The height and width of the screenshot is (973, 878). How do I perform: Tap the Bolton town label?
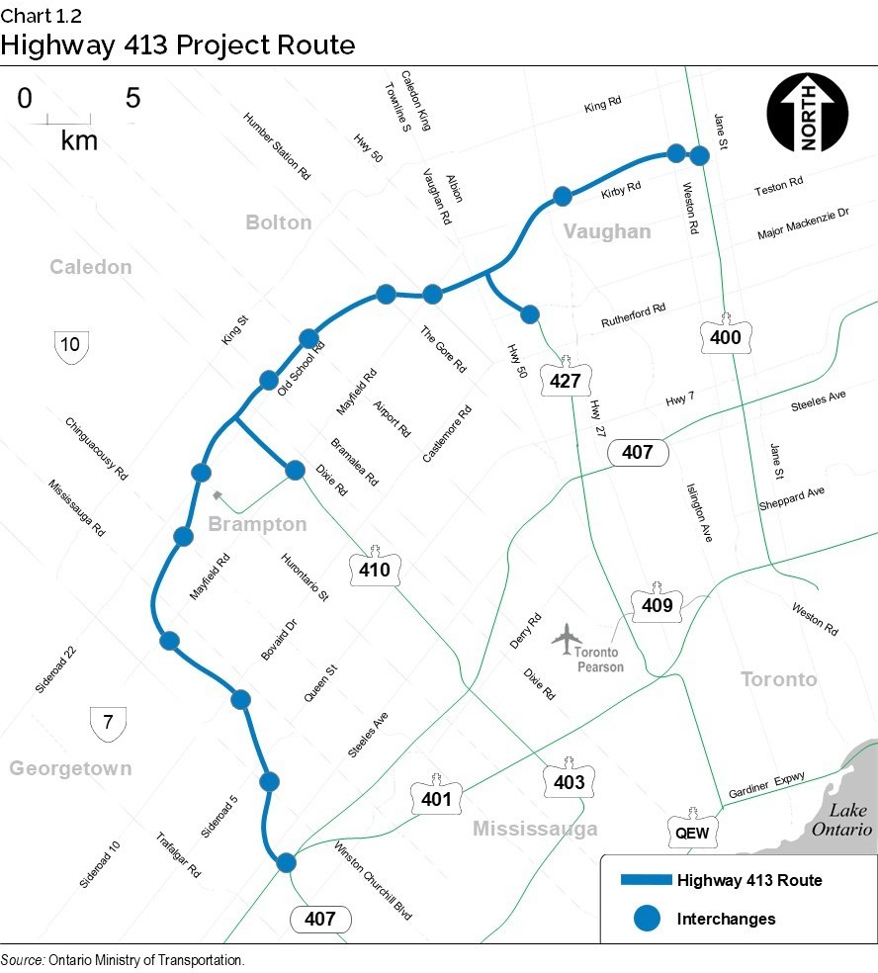(278, 222)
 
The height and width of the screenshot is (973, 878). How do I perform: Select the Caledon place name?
(90, 267)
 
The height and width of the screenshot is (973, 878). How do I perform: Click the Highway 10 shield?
(70, 346)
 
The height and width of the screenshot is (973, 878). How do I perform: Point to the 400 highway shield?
(726, 337)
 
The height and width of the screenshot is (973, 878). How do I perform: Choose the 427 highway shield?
(565, 378)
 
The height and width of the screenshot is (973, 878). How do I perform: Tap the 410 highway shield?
(375, 568)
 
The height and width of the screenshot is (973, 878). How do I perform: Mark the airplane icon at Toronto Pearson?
(567, 638)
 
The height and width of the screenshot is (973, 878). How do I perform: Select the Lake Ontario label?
(841, 820)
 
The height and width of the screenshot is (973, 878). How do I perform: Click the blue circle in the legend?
(646, 919)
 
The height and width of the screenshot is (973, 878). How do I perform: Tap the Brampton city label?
(257, 523)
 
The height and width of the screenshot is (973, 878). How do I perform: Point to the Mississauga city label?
(534, 829)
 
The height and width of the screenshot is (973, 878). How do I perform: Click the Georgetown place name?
(70, 768)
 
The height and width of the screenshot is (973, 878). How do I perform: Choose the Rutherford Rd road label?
(634, 316)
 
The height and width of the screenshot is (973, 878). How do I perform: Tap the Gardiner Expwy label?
(766, 785)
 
